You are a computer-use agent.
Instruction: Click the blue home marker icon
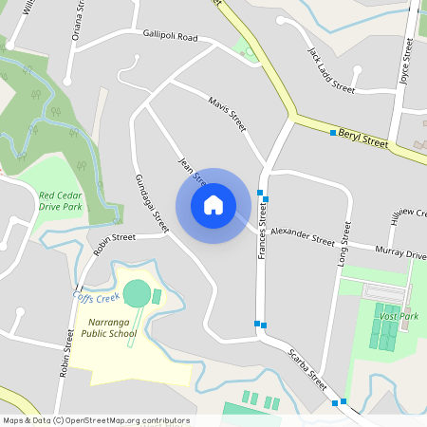(x=213, y=205)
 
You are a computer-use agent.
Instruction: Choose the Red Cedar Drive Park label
(x=60, y=200)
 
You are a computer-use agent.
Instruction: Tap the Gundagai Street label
(x=151, y=204)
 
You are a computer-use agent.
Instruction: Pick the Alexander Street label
(x=302, y=234)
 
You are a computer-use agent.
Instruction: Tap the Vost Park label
(x=398, y=315)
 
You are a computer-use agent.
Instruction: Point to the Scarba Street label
(x=307, y=371)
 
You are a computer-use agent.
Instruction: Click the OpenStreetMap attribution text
(x=96, y=419)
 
